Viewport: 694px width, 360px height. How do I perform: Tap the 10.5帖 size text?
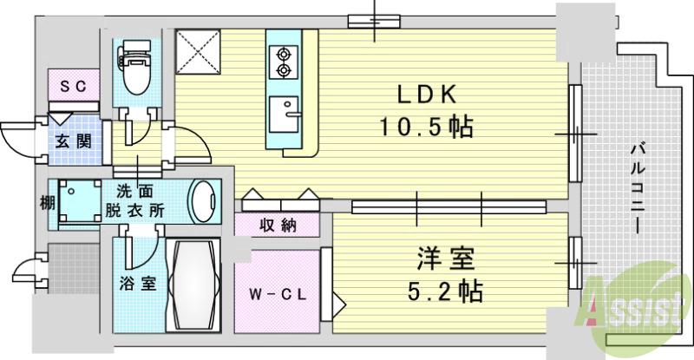425,128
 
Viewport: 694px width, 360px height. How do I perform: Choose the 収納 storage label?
278,226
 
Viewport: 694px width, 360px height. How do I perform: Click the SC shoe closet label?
71,86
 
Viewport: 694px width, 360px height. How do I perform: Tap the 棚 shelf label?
45,204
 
